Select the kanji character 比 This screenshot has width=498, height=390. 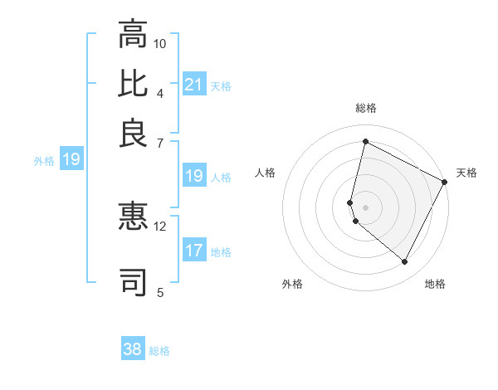tap(133, 83)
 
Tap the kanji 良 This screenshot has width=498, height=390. tap(133, 133)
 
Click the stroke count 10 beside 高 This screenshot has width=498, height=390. tap(160, 43)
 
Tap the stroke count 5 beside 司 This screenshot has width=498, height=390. tap(160, 291)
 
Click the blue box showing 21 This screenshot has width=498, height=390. tap(193, 85)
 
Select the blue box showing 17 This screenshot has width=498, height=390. tap(193, 251)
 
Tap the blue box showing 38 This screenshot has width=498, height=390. tap(133, 349)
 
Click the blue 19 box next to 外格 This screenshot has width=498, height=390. tap(71, 159)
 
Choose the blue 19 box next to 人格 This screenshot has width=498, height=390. tap(193, 176)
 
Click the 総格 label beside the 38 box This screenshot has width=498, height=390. tap(159, 351)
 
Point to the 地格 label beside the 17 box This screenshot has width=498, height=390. tap(221, 252)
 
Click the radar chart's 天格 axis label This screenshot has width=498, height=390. tap(466, 173)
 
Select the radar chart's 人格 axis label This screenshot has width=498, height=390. tap(266, 173)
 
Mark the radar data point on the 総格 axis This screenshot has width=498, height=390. tap(365, 142)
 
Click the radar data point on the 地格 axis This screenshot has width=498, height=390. tap(404, 261)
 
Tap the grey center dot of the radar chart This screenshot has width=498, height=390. tap(365, 207)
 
